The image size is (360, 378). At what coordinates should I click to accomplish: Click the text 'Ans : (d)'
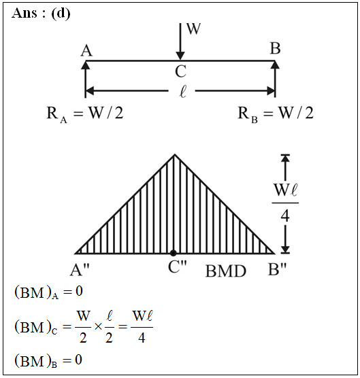[41, 14]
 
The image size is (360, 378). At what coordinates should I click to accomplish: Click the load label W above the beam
[193, 29]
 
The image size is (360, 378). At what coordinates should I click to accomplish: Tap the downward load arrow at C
[180, 41]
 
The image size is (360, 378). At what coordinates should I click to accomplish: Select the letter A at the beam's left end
[86, 50]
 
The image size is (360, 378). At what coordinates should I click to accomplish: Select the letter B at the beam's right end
[275, 48]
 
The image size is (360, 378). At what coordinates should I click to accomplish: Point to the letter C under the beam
[181, 71]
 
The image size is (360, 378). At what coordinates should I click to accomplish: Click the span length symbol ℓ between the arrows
[183, 92]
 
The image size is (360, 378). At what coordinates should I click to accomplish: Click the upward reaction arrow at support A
[86, 80]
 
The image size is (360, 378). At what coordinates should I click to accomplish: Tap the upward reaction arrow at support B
[275, 80]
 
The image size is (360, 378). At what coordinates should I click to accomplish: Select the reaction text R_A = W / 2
[84, 114]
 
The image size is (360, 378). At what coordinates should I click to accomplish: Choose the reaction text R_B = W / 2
[276, 114]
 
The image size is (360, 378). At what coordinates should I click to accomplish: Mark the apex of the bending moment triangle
[175, 154]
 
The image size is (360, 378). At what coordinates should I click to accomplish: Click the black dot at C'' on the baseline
[173, 253]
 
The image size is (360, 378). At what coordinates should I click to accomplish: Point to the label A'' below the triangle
[80, 269]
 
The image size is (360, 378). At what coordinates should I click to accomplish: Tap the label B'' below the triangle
[277, 269]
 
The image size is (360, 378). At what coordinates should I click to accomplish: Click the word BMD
[226, 271]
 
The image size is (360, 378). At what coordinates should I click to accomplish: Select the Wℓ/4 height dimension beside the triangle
[285, 204]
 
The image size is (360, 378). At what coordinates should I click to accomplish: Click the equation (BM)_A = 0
[49, 292]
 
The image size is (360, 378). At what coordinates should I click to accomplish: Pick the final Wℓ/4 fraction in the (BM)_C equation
[142, 327]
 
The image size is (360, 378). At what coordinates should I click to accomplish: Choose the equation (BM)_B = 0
[48, 360]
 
